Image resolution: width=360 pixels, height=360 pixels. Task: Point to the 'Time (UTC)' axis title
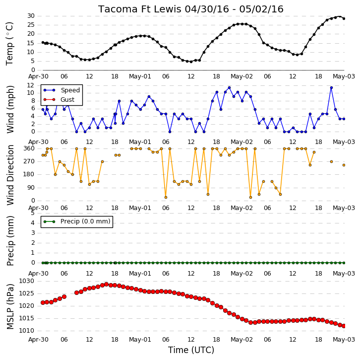(191, 350)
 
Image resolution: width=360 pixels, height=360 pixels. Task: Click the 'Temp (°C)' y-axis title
(9, 44)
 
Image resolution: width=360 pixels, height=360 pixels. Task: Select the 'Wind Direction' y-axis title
(10, 175)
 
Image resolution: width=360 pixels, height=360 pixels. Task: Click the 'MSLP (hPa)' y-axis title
(10, 306)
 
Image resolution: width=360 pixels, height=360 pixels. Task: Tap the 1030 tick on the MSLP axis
(26, 281)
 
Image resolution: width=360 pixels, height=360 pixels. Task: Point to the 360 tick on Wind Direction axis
(29, 148)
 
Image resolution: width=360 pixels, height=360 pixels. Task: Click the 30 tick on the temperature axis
(31, 16)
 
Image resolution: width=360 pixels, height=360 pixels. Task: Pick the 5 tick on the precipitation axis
(33, 213)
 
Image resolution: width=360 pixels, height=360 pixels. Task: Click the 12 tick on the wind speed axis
(31, 85)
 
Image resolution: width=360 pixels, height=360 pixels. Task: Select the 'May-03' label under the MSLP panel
(344, 339)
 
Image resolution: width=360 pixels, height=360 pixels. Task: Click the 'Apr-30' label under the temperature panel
(38, 76)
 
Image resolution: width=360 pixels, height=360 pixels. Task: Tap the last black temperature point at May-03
(344, 19)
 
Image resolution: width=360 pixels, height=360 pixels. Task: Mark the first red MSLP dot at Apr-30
(43, 302)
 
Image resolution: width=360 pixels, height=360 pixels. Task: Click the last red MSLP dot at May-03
(344, 326)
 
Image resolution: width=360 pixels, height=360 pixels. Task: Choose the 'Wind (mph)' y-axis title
(10, 109)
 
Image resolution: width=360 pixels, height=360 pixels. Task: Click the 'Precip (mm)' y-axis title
(10, 241)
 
